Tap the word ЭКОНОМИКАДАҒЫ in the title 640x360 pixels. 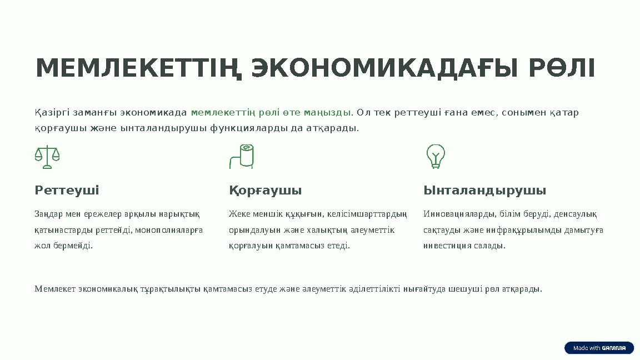pyautogui.click(x=381, y=68)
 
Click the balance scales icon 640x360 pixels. pyautogui.click(x=47, y=157)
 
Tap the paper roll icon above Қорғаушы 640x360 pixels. pyautogui.click(x=242, y=156)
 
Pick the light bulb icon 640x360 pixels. pyautogui.click(x=436, y=156)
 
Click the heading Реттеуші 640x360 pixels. pyautogui.click(x=67, y=191)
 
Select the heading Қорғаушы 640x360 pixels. pyautogui.click(x=265, y=191)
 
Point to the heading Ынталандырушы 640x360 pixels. pyautogui.click(x=484, y=191)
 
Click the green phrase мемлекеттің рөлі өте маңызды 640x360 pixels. pyautogui.click(x=271, y=113)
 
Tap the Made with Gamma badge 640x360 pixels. pyautogui.click(x=599, y=348)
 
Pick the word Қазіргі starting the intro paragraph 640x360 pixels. pyautogui.click(x=52, y=113)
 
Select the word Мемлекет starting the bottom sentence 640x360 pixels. pyautogui.click(x=55, y=289)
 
